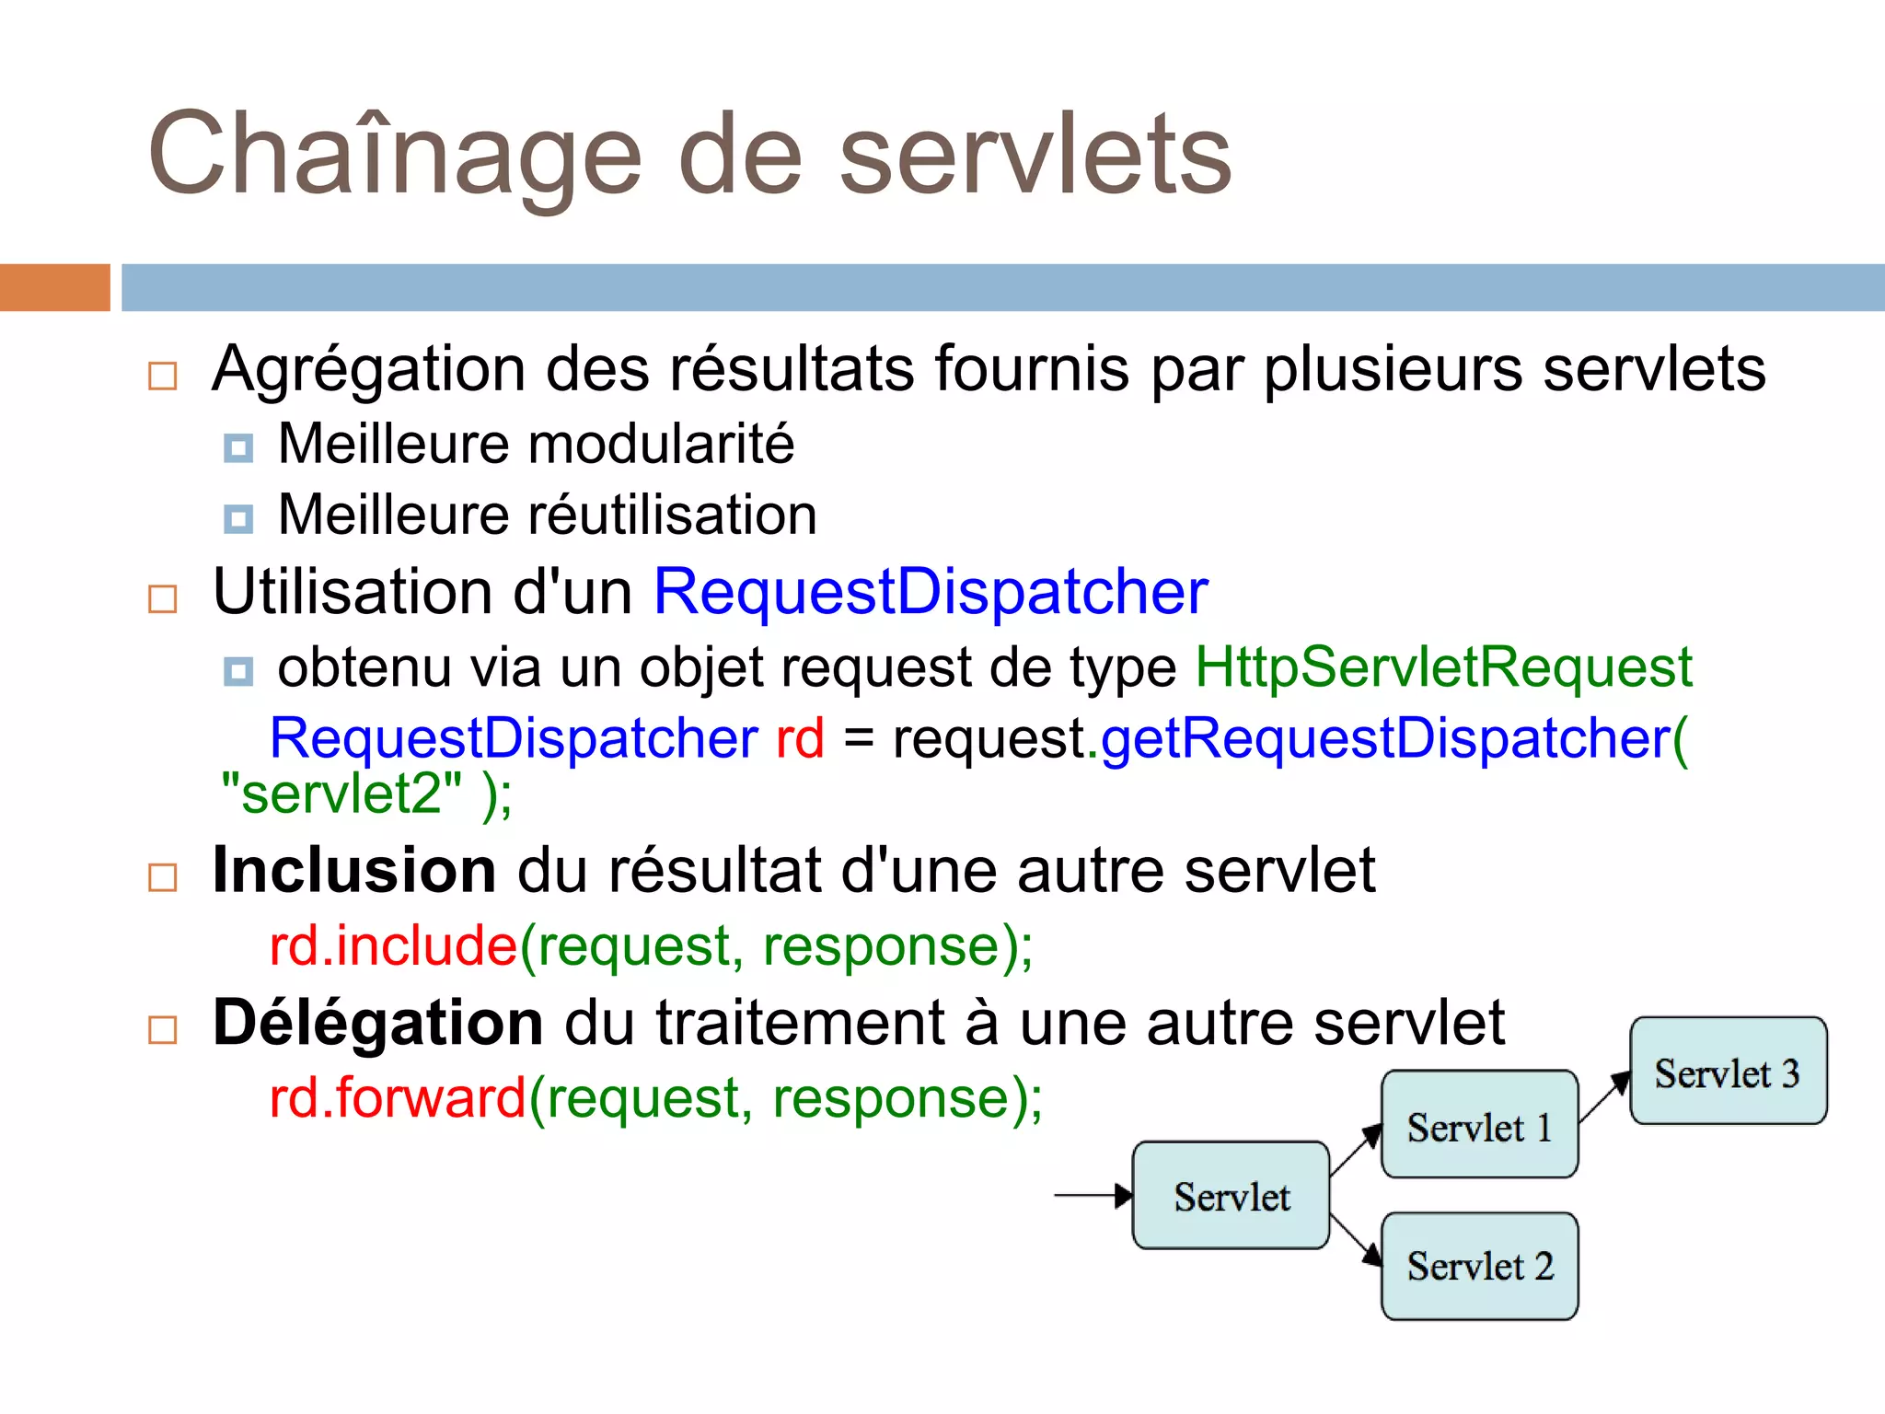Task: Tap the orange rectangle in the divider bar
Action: pyautogui.click(x=54, y=287)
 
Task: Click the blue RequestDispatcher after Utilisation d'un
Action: pyautogui.click(x=930, y=591)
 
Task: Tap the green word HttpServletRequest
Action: pyautogui.click(x=1442, y=666)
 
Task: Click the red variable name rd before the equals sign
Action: pyautogui.click(x=799, y=738)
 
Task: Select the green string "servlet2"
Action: pyautogui.click(x=341, y=794)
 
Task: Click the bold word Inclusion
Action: pyautogui.click(x=353, y=870)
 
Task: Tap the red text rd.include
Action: pyautogui.click(x=393, y=945)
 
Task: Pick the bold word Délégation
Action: pyautogui.click(x=377, y=1023)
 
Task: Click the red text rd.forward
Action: pyautogui.click(x=397, y=1098)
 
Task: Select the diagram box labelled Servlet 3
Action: pyautogui.click(x=1728, y=1071)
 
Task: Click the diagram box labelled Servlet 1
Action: pyautogui.click(x=1479, y=1124)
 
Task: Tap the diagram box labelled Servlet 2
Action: pyautogui.click(x=1479, y=1266)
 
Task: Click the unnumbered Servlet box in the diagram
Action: pyautogui.click(x=1231, y=1195)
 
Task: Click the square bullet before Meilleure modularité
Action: pyautogui.click(x=238, y=448)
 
